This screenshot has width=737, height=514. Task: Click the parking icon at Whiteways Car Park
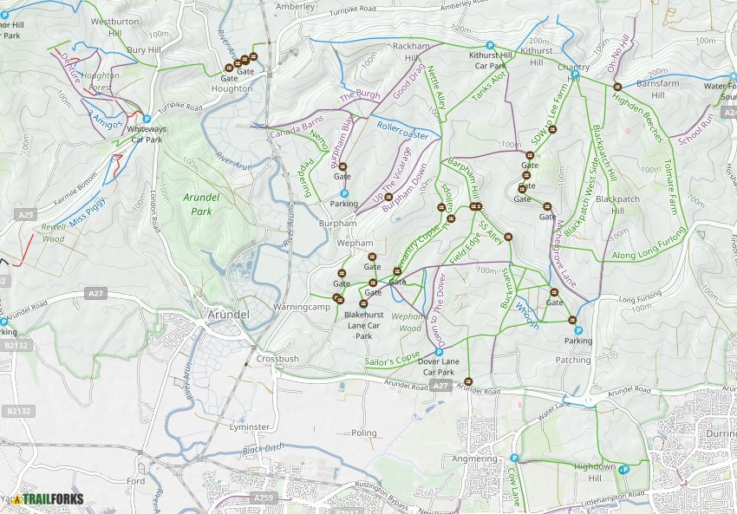click(147, 119)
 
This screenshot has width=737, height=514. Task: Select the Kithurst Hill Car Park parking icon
click(490, 45)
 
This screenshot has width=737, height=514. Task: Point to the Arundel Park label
click(198, 204)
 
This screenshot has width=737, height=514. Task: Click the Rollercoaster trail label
click(402, 130)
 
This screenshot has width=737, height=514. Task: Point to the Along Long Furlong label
click(648, 244)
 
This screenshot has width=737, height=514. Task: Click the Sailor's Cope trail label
click(393, 357)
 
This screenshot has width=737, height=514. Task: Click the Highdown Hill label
click(595, 472)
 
